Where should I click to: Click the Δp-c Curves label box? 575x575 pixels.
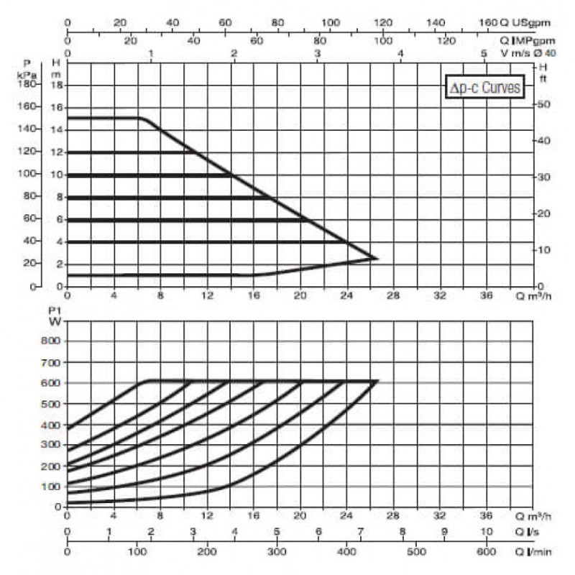pyautogui.click(x=482, y=87)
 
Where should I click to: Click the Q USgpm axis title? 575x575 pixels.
pyautogui.click(x=517, y=22)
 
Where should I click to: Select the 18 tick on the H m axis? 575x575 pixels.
pyautogui.click(x=60, y=85)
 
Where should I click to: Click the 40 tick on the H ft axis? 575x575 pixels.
pyautogui.click(x=543, y=140)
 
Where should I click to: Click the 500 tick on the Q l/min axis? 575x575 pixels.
pyautogui.click(x=415, y=553)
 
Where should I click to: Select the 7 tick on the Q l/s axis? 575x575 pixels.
pyautogui.click(x=361, y=533)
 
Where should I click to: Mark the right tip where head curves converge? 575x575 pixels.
pyautogui.click(x=377, y=258)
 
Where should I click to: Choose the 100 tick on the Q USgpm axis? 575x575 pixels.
pyautogui.click(x=330, y=22)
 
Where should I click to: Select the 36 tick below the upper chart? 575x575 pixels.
pyautogui.click(x=487, y=295)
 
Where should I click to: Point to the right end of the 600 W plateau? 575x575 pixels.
pyautogui.click(x=377, y=381)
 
